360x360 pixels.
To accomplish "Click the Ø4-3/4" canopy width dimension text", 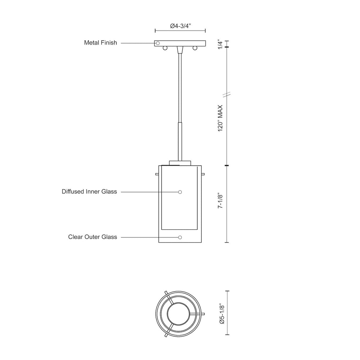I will click(x=180, y=26).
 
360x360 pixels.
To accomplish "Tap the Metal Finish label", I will click(x=100, y=43).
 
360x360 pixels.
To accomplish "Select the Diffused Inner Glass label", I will click(x=89, y=192).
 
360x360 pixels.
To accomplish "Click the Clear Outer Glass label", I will click(x=93, y=237).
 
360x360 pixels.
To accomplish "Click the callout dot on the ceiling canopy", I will click(x=158, y=43).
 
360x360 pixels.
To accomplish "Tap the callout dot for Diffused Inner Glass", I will click(x=180, y=192).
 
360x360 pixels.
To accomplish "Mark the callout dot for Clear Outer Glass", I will click(x=180, y=237).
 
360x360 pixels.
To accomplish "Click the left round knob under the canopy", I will click(x=165, y=48).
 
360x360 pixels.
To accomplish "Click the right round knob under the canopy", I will click(x=195, y=48).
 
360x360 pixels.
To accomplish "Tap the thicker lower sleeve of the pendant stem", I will click(x=180, y=140).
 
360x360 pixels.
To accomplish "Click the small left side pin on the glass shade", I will click(x=157, y=175).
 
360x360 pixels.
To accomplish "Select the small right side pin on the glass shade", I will click(x=203, y=175).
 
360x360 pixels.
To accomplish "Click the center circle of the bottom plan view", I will click(x=179, y=313).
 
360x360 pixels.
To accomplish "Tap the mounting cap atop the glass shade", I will click(x=180, y=163).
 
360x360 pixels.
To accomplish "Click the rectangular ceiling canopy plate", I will click(x=180, y=43).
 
